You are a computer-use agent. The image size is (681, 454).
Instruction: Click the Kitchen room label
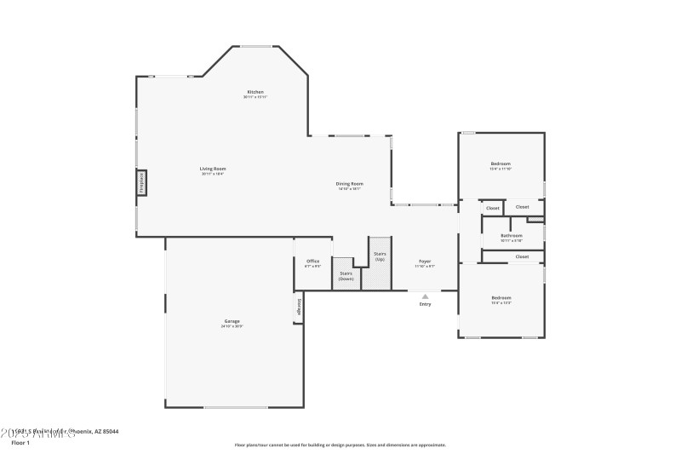(x=255, y=92)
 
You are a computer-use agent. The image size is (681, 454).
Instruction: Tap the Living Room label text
(x=213, y=169)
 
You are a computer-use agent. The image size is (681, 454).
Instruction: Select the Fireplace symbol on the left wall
(x=142, y=183)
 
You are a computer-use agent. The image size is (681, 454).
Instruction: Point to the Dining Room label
(x=349, y=184)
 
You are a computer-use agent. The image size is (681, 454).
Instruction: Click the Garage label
(x=232, y=321)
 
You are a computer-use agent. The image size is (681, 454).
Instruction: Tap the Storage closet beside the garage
(x=299, y=307)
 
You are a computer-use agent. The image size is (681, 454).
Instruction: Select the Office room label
(x=312, y=261)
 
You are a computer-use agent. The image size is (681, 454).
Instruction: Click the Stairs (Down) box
(x=346, y=276)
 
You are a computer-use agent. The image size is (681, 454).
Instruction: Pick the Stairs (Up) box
(x=380, y=256)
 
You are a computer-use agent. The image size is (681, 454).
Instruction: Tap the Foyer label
(x=425, y=261)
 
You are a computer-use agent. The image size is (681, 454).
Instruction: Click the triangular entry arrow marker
(x=425, y=296)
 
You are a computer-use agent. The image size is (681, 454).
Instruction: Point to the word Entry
(x=425, y=304)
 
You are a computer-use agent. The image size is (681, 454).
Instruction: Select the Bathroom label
(x=512, y=235)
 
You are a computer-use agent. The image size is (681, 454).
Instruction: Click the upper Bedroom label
(x=501, y=164)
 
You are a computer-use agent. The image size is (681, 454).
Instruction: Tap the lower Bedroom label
(x=501, y=297)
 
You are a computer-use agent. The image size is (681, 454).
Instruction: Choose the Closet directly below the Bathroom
(x=522, y=256)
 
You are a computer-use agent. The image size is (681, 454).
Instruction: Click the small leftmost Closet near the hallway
(x=492, y=208)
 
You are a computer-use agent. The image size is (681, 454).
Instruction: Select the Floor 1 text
(x=21, y=443)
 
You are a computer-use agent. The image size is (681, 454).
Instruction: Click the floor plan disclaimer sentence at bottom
(x=340, y=445)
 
